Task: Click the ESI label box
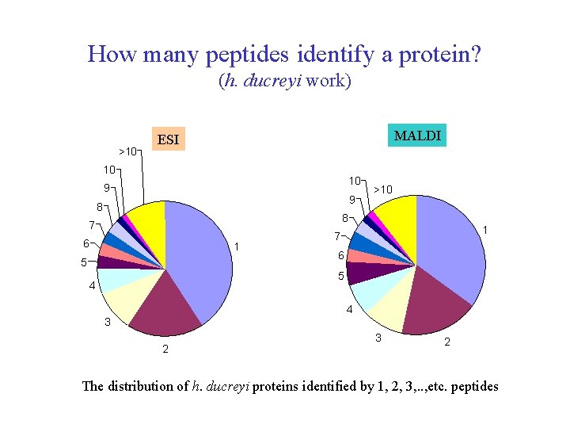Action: pyautogui.click(x=168, y=140)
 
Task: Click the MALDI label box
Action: pyautogui.click(x=416, y=136)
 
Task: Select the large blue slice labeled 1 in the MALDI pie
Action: pyautogui.click(x=451, y=246)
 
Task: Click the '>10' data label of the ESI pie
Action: pyautogui.click(x=126, y=151)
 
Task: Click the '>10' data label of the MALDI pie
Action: pyautogui.click(x=383, y=189)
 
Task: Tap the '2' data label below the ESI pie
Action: pyautogui.click(x=165, y=350)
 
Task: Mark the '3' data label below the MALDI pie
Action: pyautogui.click(x=378, y=339)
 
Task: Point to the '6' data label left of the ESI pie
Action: pyautogui.click(x=85, y=243)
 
